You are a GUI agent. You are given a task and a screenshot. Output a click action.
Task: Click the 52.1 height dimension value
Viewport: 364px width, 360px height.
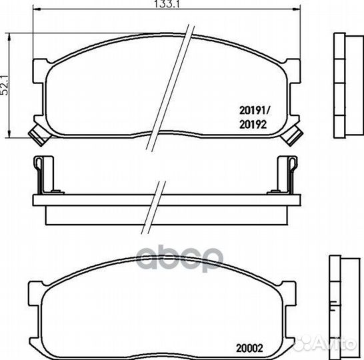(x=5, y=85)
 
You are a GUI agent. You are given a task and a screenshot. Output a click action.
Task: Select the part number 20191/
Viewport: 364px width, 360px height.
(x=254, y=111)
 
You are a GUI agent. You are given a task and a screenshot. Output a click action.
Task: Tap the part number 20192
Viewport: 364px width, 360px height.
(x=253, y=125)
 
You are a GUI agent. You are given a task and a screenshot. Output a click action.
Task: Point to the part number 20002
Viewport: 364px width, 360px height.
(x=250, y=349)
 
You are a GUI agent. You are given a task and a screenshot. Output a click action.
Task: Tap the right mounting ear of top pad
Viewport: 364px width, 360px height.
(x=293, y=71)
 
